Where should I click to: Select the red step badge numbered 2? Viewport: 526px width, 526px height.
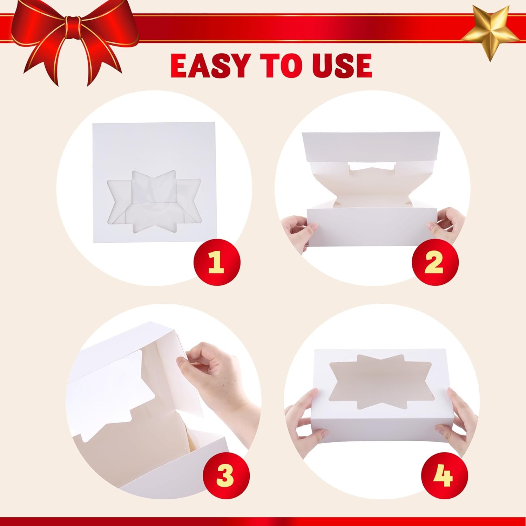pyautogui.click(x=434, y=263)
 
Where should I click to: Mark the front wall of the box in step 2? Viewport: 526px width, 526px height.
pyautogui.click(x=372, y=226)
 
